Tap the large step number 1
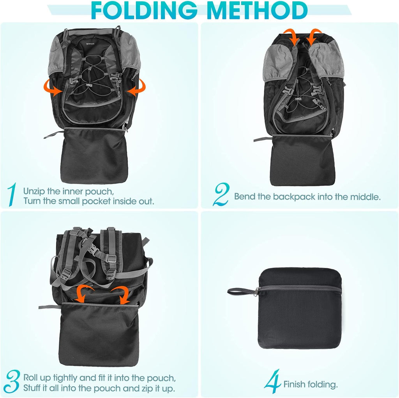click(x=12, y=195)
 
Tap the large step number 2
click(x=221, y=195)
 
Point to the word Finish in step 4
click(x=295, y=384)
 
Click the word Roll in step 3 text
click(x=31, y=378)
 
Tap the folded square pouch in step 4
click(x=299, y=308)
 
